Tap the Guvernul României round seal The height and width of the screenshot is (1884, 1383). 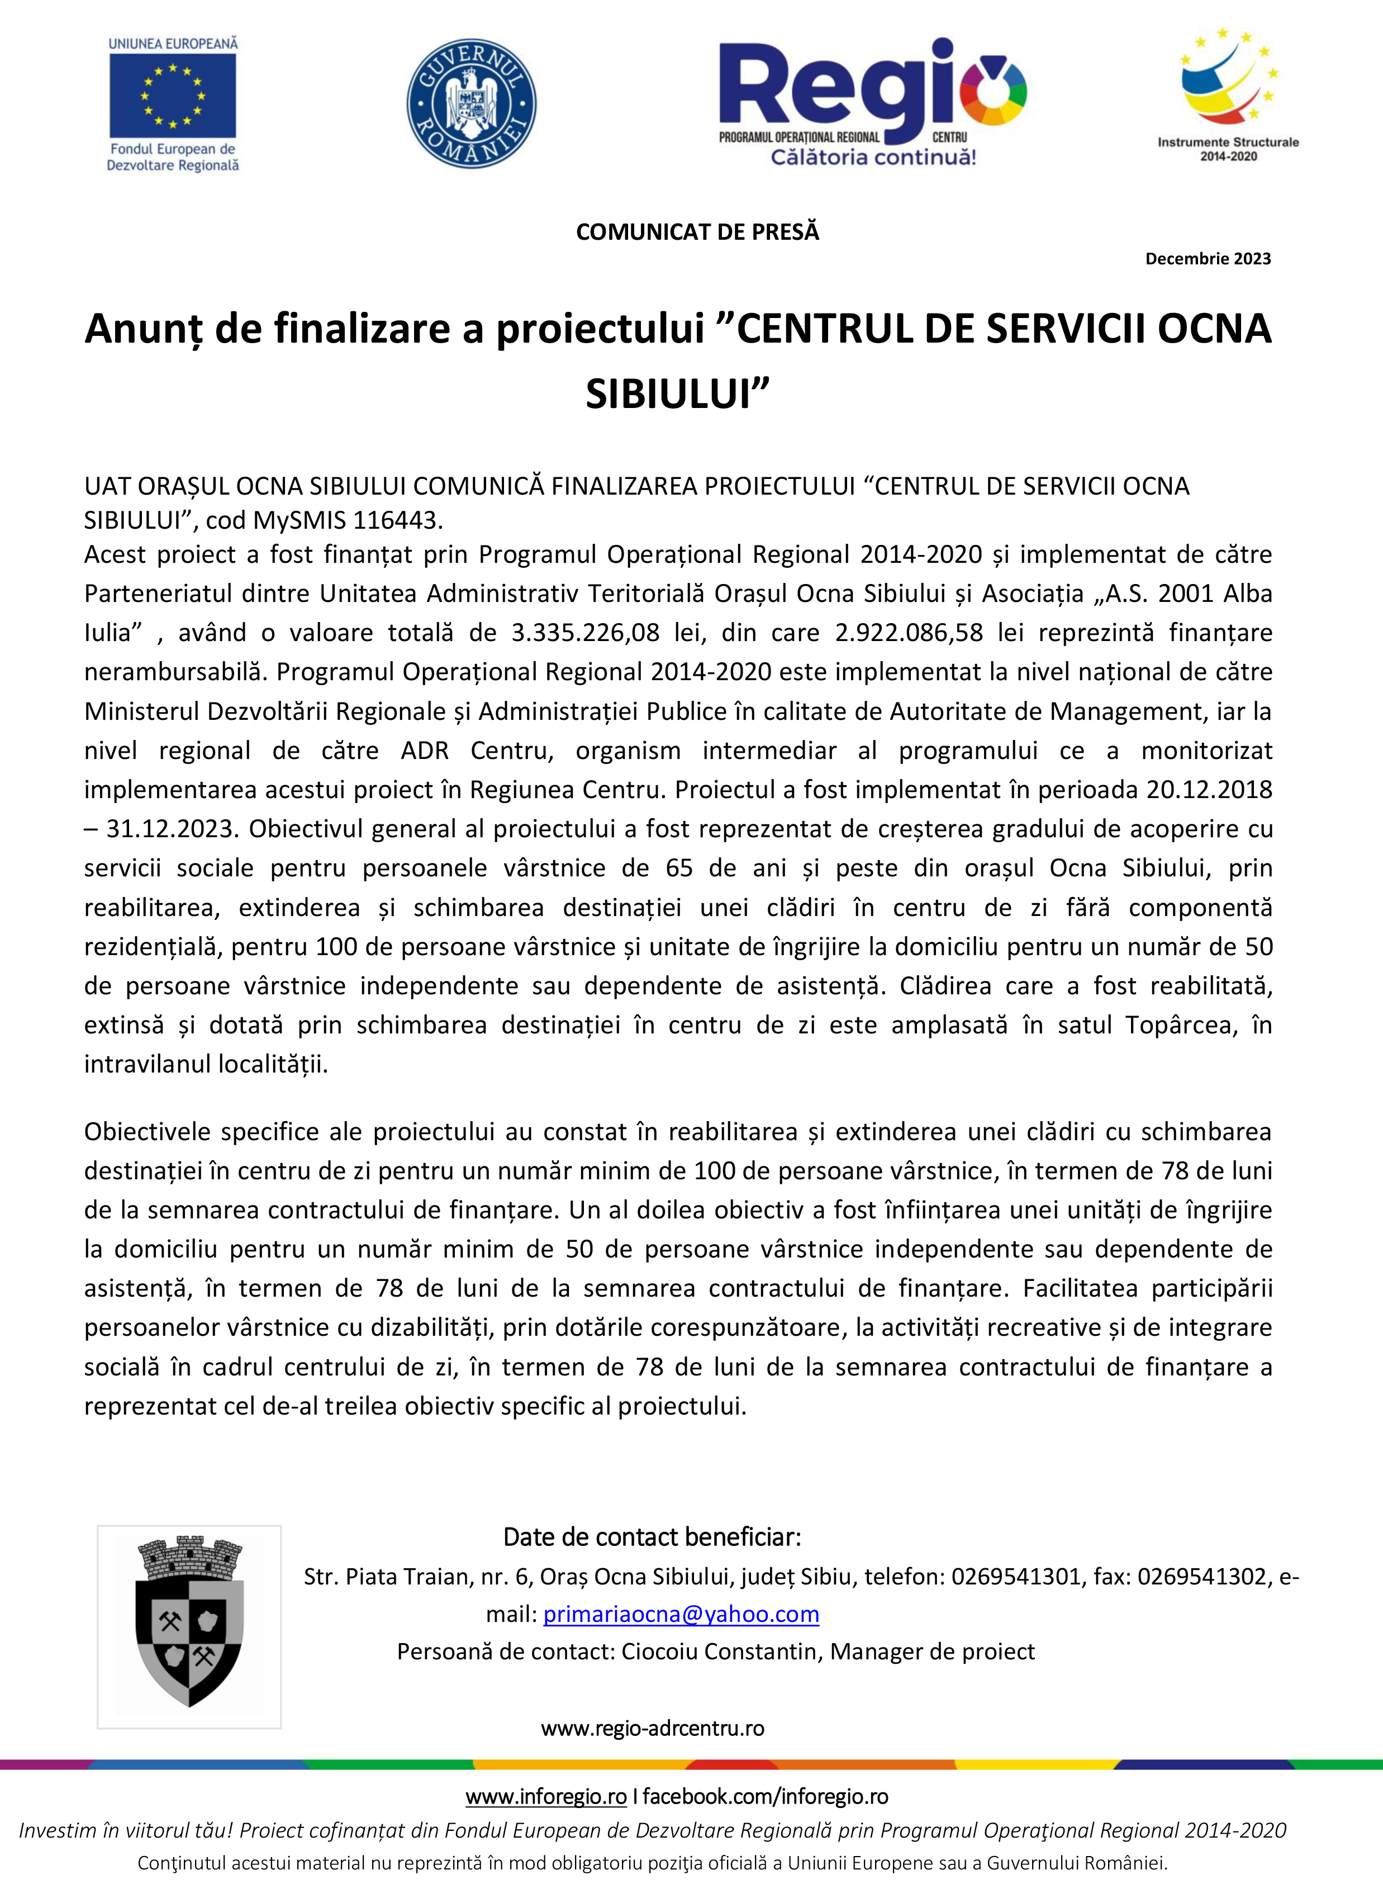471,103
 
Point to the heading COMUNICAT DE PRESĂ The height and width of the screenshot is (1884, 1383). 697,232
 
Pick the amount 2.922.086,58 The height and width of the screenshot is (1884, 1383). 909,633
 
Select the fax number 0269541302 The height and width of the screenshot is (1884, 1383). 1203,1577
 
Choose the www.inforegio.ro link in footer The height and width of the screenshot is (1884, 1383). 546,1796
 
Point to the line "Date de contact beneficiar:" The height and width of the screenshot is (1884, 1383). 652,1537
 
